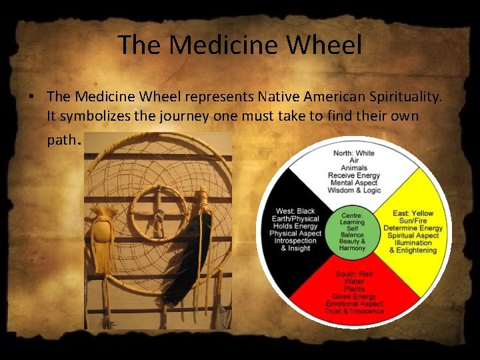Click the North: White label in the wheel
click(354, 153)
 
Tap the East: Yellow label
click(413, 213)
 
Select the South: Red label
click(354, 274)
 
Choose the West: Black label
click(296, 211)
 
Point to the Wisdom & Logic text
click(354, 191)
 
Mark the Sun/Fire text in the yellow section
click(413, 221)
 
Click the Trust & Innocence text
click(354, 311)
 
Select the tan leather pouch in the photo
click(103, 237)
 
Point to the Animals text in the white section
click(354, 168)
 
